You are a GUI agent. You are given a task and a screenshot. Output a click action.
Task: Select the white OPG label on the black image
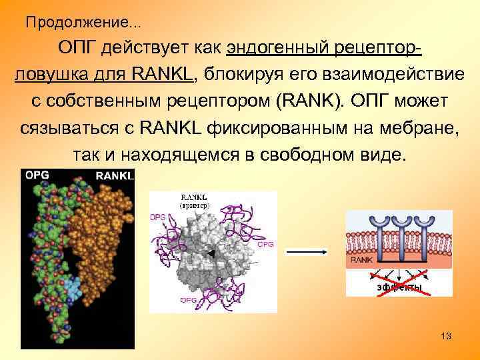37,175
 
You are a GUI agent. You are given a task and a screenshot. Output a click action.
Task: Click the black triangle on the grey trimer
211,254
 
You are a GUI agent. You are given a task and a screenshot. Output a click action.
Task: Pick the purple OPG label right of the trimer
265,245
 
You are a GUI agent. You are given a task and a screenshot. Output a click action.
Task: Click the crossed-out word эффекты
399,287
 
